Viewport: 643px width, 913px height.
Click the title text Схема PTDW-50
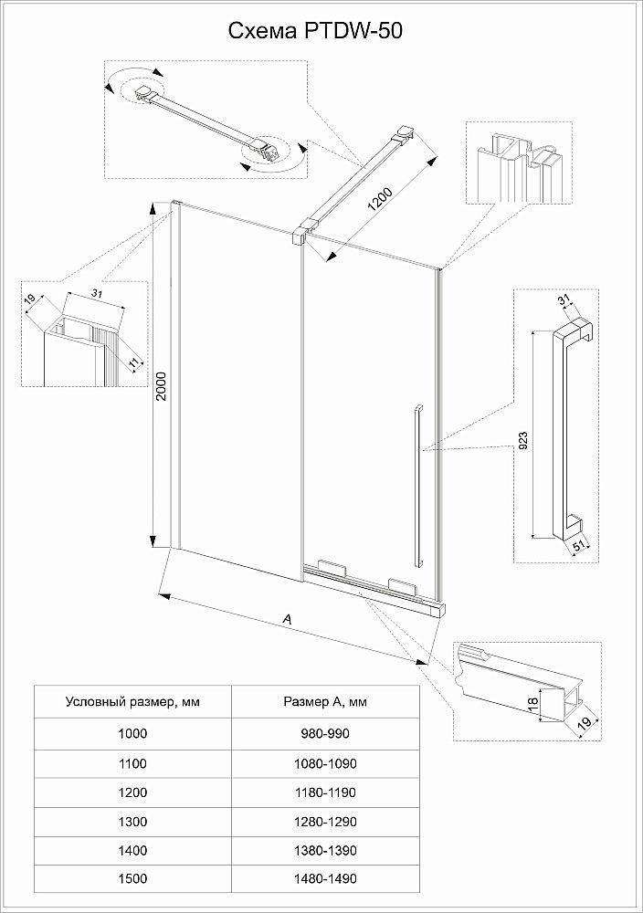(x=314, y=31)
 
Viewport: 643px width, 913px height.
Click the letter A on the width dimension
(x=288, y=619)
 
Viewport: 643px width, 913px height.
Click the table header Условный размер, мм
(x=132, y=702)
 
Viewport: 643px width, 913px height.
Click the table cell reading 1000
(x=132, y=732)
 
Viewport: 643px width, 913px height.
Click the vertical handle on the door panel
(x=416, y=484)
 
